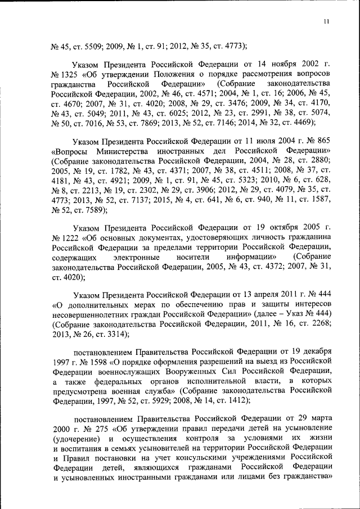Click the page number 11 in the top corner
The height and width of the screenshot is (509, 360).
click(326, 21)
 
